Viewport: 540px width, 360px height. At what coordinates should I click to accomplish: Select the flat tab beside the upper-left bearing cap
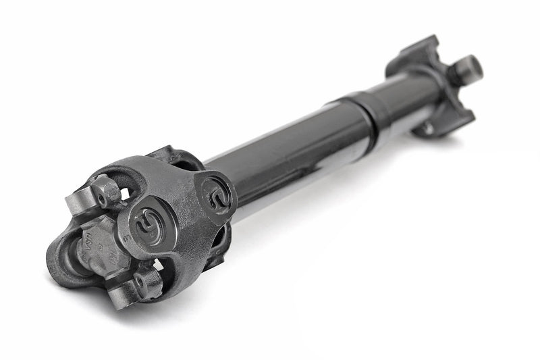point(76,202)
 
